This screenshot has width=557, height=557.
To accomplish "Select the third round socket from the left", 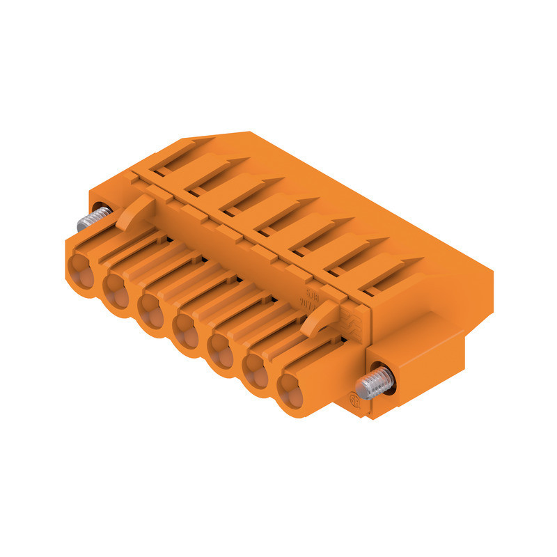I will coord(151,308).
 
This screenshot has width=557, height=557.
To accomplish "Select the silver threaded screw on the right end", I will coord(376,382).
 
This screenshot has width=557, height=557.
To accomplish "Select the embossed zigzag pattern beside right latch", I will coord(352,321).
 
